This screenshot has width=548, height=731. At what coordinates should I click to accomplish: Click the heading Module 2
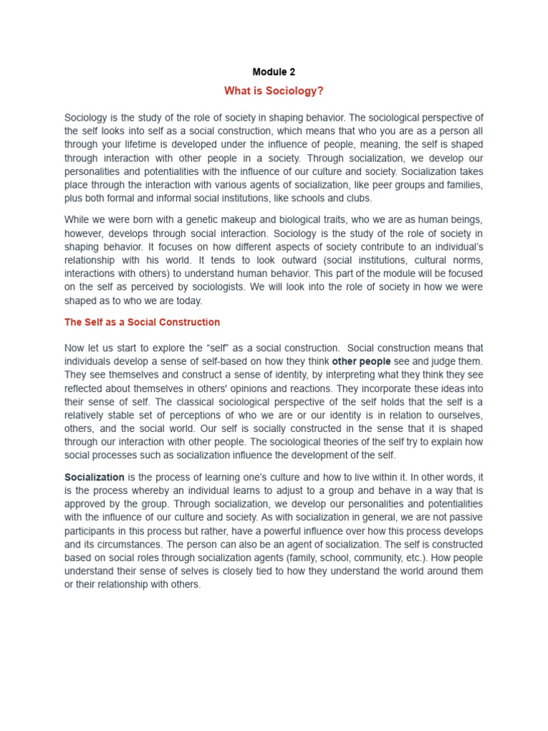tap(273, 72)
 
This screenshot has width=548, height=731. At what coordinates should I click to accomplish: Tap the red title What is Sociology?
tap(273, 91)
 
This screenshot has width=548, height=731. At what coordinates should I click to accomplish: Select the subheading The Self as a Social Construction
tap(142, 322)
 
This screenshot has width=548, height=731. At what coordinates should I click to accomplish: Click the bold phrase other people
tap(361, 361)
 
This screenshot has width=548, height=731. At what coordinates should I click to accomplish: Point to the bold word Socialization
tap(94, 477)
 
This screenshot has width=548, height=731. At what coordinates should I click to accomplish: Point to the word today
tap(188, 301)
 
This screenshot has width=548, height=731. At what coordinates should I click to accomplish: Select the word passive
tap(465, 518)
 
